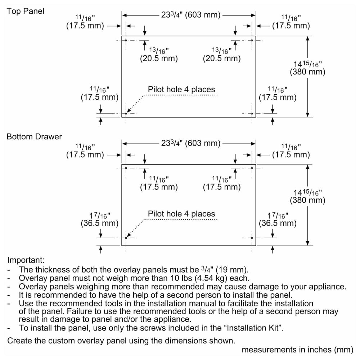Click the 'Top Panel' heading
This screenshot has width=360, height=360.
[x=25, y=11]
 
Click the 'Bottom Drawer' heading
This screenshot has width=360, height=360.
[x=34, y=136]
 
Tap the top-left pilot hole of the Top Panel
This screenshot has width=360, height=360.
[x=126, y=40]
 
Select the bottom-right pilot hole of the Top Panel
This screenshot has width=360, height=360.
[x=252, y=114]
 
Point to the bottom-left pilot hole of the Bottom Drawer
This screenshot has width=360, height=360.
[x=126, y=238]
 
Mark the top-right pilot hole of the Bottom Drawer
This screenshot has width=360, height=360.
[x=252, y=168]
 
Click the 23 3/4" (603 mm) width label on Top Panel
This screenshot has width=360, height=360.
[x=190, y=15]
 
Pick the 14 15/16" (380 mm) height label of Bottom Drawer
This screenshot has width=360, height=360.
[x=307, y=196]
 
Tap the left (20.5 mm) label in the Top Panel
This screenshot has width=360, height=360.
[x=159, y=58]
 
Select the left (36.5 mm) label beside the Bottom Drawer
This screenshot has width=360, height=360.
[x=99, y=223]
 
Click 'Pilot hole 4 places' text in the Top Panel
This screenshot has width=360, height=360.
[x=181, y=89]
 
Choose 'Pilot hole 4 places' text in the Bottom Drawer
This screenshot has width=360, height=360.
[x=181, y=214]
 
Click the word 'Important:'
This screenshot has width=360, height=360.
[x=26, y=260]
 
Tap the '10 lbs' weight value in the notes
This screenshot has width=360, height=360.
[x=181, y=278]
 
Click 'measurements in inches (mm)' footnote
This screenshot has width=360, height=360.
[x=298, y=350]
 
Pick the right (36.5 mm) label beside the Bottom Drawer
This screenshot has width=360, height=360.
[x=278, y=223]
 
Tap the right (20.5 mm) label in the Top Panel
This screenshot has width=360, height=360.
[x=222, y=58]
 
